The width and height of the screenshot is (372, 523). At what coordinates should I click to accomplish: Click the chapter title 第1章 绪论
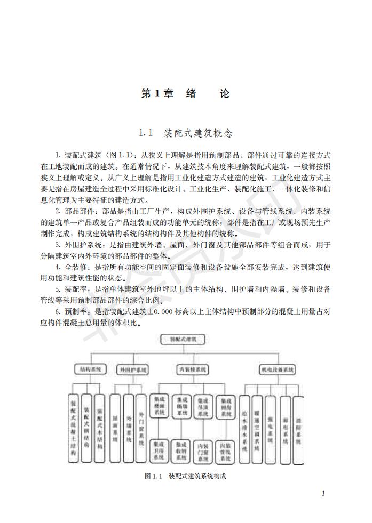tap(185, 94)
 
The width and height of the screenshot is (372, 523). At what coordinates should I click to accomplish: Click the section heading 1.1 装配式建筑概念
tap(185, 132)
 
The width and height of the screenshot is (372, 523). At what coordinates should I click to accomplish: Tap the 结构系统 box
tap(88, 368)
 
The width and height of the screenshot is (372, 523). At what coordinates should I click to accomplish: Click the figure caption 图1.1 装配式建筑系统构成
tap(185, 476)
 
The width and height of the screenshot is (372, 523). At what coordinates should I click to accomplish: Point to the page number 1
tap(323, 493)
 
